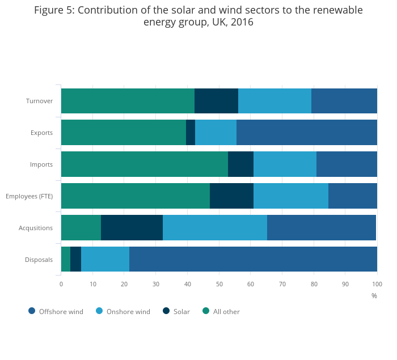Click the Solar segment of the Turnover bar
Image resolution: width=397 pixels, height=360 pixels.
pos(216,101)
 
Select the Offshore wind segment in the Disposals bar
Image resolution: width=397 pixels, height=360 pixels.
pos(253,260)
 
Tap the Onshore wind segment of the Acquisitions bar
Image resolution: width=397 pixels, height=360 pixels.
pos(214,228)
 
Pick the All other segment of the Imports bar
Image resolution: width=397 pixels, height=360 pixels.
pos(144,164)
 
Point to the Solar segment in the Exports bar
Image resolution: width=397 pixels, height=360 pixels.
pos(191,133)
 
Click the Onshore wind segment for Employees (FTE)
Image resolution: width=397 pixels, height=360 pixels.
pos(290,196)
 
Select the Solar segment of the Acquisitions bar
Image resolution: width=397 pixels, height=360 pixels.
pos(132,228)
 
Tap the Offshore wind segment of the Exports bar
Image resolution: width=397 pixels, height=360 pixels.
pos(306,133)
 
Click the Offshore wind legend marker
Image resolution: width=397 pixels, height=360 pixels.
pos(32,311)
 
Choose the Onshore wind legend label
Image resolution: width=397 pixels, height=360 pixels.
pos(128,311)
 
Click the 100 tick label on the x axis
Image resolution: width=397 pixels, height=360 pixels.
pos(377,283)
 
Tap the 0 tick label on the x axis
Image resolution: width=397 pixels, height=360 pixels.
pos(61,283)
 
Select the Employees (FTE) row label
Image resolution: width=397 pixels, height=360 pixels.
pos(29,196)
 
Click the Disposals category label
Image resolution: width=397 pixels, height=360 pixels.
pos(39,260)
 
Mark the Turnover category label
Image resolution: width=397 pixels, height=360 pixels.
pos(39,101)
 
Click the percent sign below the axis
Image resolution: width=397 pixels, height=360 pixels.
pos(374,295)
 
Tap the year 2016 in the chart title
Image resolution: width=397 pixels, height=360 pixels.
pos(242,23)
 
